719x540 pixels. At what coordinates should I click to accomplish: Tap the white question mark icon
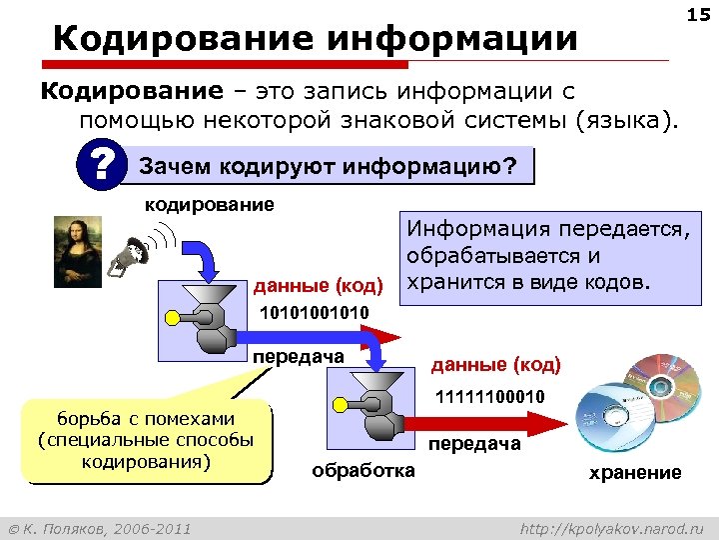[x=99, y=164]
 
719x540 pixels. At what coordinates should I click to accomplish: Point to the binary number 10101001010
[x=314, y=314]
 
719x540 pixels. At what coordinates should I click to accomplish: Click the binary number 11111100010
[x=488, y=398]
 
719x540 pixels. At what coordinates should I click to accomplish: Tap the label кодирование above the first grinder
[x=209, y=205]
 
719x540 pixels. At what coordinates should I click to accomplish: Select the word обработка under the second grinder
[x=363, y=471]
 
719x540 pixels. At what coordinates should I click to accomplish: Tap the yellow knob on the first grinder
[x=172, y=318]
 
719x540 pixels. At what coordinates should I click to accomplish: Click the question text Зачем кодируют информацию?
[x=329, y=165]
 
